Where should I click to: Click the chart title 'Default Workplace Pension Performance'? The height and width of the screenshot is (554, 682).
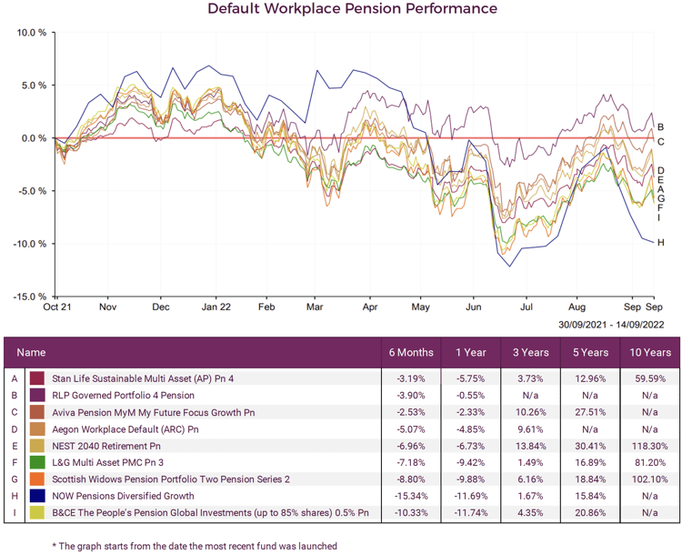(352, 9)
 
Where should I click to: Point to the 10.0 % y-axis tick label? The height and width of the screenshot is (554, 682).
(31, 33)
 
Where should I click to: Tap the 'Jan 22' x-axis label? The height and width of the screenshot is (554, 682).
(216, 308)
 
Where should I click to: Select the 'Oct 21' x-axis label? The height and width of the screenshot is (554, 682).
(56, 308)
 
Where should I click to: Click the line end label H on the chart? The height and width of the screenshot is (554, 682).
(661, 243)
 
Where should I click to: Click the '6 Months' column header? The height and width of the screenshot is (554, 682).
(410, 352)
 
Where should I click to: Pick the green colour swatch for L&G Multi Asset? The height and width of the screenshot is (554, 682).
(37, 463)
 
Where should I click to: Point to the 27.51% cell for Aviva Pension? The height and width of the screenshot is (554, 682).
(587, 412)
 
